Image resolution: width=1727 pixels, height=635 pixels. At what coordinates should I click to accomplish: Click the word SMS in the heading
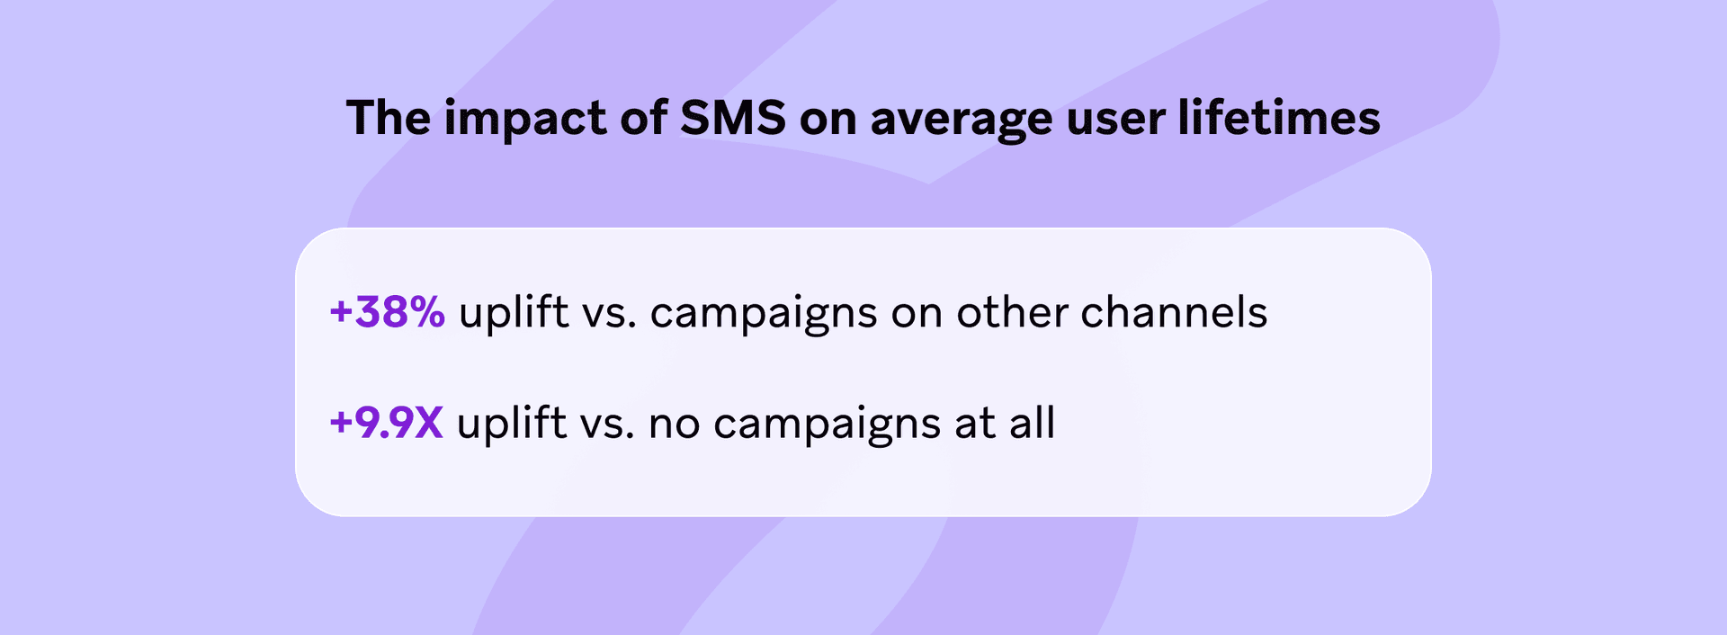(733, 118)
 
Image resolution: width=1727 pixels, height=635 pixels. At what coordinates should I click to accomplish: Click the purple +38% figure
(387, 312)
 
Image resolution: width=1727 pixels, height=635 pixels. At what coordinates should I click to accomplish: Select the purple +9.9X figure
(386, 423)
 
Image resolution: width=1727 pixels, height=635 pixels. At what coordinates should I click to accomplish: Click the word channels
(1174, 312)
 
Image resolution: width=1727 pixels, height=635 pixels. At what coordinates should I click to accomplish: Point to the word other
(1011, 312)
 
